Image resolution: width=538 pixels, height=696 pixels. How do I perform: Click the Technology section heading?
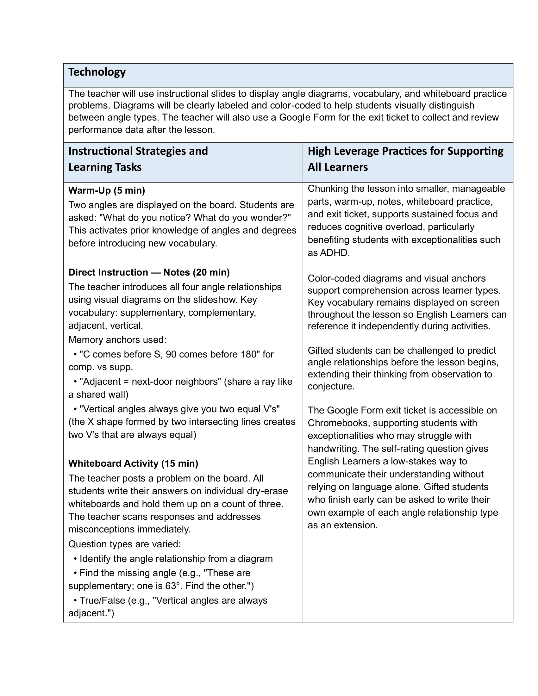(x=97, y=72)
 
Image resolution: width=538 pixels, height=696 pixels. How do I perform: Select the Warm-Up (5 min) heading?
(x=106, y=190)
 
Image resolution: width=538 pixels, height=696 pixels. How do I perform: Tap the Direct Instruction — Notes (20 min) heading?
(x=149, y=272)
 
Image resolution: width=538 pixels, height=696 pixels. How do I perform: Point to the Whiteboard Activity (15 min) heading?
(x=133, y=463)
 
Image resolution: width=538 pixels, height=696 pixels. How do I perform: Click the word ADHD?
(x=334, y=253)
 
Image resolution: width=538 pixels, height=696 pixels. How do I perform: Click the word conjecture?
(x=330, y=386)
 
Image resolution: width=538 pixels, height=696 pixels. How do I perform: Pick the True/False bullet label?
(x=102, y=600)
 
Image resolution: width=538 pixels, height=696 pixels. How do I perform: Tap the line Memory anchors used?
(x=117, y=340)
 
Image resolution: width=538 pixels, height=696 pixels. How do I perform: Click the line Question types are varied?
(x=124, y=544)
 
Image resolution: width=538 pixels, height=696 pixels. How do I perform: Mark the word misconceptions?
(x=101, y=529)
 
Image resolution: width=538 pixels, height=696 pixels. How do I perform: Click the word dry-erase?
(x=267, y=491)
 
